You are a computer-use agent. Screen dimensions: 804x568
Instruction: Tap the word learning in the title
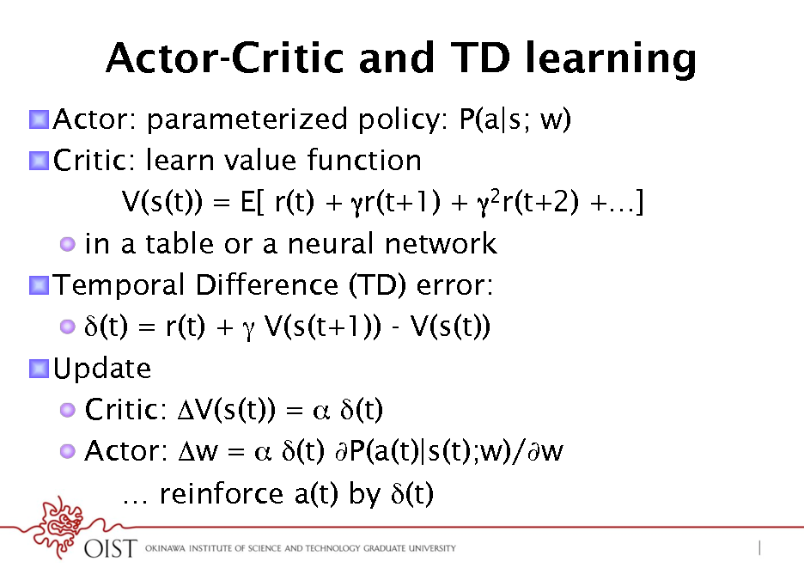611,60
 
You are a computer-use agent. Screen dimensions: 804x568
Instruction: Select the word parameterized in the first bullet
247,120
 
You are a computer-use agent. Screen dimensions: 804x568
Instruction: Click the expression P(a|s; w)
515,119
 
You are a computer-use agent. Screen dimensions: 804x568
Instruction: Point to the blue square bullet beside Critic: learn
39,161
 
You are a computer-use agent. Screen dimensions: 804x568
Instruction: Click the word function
364,160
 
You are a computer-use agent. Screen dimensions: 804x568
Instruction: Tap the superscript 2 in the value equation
496,194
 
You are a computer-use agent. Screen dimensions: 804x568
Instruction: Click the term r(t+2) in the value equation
540,201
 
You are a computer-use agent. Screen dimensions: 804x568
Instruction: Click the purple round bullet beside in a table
67,244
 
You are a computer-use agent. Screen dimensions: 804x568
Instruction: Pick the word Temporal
119,285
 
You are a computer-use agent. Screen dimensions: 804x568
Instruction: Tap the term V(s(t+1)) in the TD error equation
322,327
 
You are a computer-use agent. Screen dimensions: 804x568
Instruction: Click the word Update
102,369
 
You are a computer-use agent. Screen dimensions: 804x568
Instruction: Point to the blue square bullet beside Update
39,369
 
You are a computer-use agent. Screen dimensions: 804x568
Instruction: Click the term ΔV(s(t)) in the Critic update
226,410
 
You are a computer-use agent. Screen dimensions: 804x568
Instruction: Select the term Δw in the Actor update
198,451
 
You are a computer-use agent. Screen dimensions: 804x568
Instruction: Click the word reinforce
222,493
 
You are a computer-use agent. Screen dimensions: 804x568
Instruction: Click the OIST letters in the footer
111,548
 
